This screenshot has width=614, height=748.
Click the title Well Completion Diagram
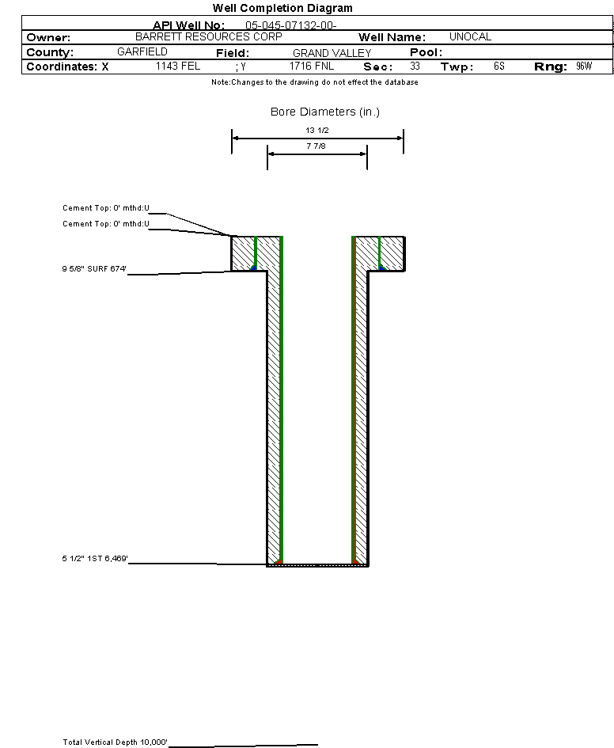[x=282, y=8]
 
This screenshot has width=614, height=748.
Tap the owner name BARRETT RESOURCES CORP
[x=209, y=37]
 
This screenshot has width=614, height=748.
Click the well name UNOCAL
[x=470, y=37]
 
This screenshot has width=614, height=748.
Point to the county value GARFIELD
[x=142, y=52]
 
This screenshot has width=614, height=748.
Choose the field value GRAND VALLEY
[x=332, y=53]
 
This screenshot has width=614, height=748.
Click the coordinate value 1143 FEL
[x=178, y=66]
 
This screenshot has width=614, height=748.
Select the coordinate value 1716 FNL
[x=312, y=66]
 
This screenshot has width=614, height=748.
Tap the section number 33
[x=415, y=66]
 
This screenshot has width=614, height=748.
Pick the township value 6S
[x=498, y=66]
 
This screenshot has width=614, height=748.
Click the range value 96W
[x=584, y=66]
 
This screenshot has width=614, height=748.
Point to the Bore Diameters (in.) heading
[x=325, y=112]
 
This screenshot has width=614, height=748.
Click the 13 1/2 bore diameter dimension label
[x=317, y=130]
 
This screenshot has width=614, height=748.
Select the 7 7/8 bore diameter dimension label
[x=317, y=146]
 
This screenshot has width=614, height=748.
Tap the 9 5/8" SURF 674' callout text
[x=95, y=269]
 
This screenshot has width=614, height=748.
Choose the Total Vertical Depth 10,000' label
[x=116, y=742]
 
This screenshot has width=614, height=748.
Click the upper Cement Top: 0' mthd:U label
[x=106, y=208]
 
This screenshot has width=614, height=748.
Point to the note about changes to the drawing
[x=315, y=82]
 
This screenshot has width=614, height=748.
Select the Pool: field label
[x=426, y=52]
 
